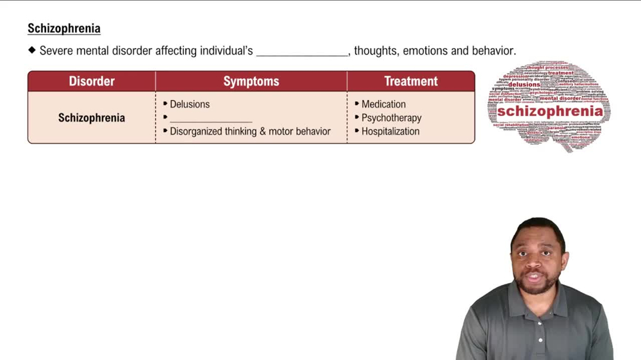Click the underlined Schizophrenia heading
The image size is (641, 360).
(x=64, y=28)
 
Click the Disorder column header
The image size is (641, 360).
(x=92, y=81)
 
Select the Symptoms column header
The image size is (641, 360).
(x=251, y=81)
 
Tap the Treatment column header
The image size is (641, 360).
(x=411, y=81)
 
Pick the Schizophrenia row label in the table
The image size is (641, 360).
(x=92, y=118)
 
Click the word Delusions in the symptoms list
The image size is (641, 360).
(x=190, y=104)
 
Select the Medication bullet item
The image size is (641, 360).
(x=383, y=104)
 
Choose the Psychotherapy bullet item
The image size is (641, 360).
(x=391, y=118)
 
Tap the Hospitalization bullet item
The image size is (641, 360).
(x=390, y=131)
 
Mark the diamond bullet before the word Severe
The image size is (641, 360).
(x=32, y=50)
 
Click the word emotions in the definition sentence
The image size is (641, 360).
(x=424, y=51)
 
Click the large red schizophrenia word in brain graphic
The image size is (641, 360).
(x=550, y=111)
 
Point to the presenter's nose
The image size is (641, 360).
(x=535, y=263)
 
